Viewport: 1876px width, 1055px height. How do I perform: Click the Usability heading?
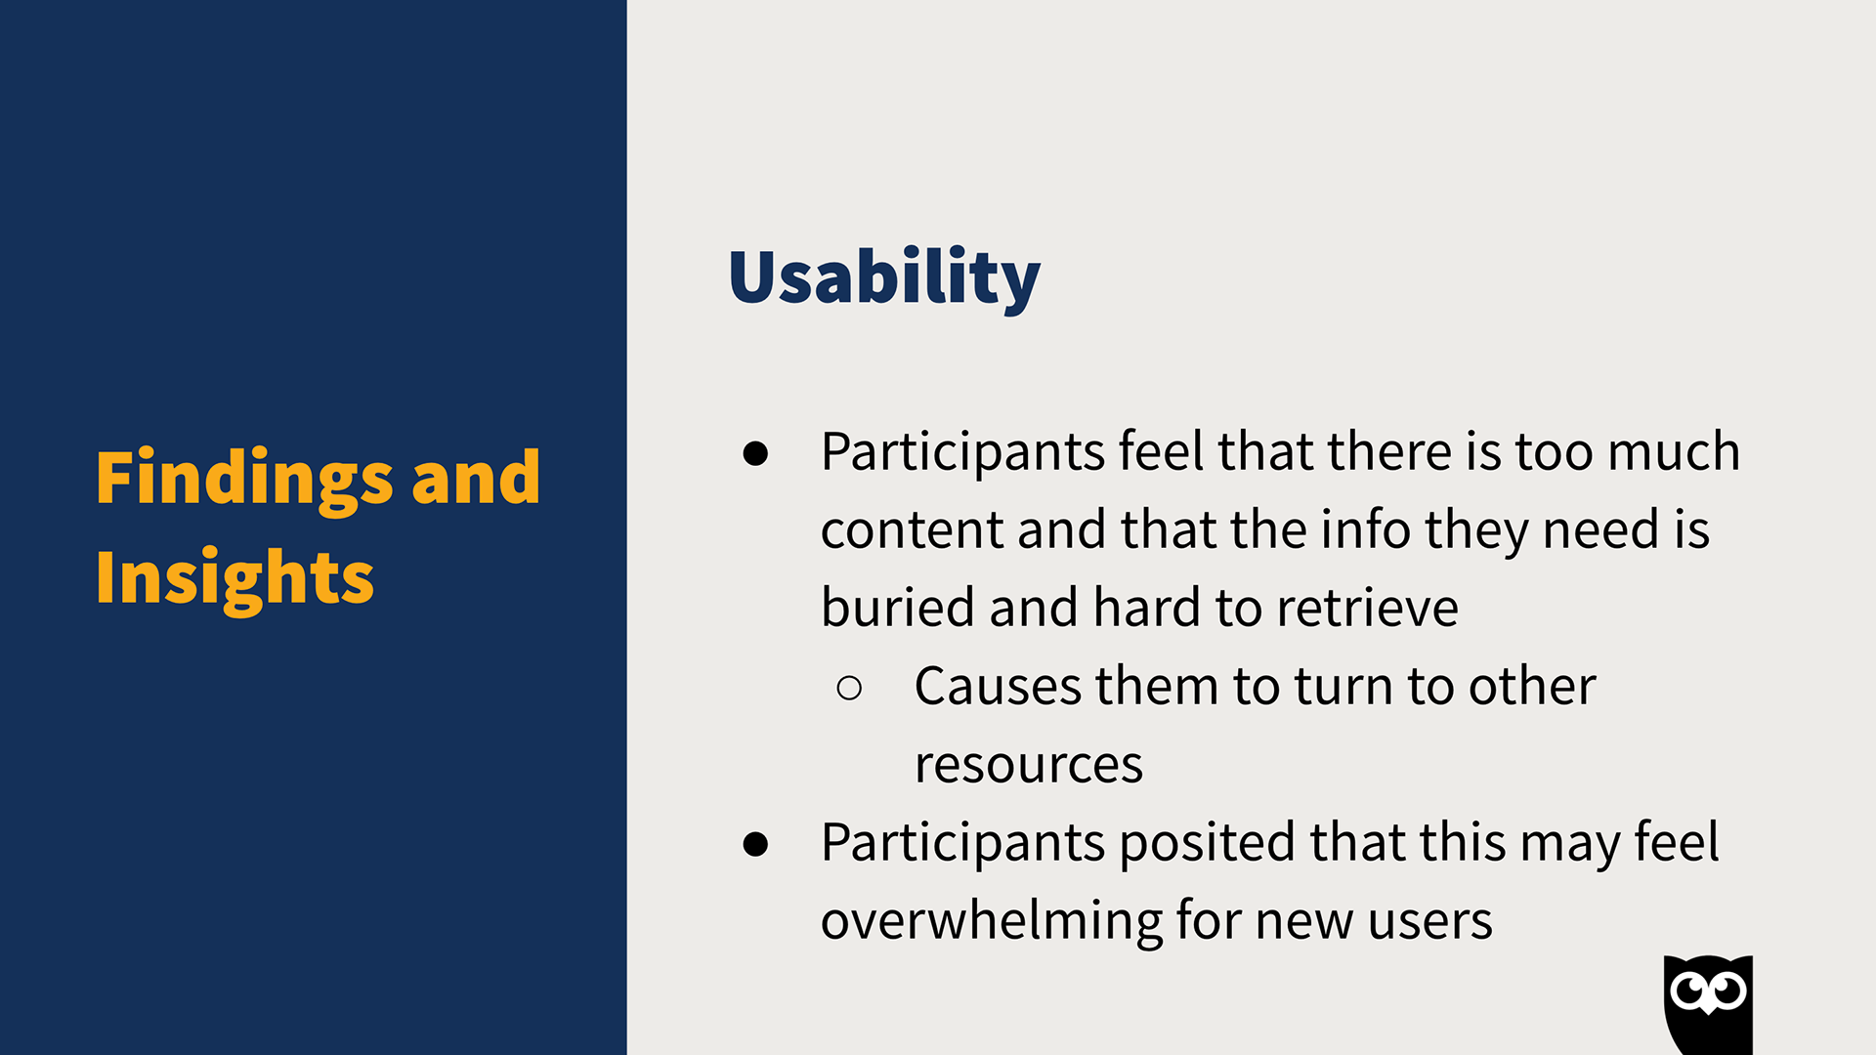click(x=884, y=278)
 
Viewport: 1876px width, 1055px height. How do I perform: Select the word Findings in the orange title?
click(x=244, y=479)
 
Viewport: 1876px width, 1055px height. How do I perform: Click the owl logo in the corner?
click(x=1708, y=1004)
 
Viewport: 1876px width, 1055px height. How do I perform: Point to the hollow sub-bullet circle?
click(x=849, y=688)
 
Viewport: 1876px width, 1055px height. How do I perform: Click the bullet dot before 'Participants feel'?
click(x=755, y=453)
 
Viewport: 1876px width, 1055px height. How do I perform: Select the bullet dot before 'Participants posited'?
click(x=755, y=844)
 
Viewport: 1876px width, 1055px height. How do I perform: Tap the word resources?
click(x=1029, y=766)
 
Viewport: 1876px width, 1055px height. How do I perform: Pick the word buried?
click(x=897, y=608)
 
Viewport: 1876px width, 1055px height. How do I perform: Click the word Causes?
click(x=998, y=687)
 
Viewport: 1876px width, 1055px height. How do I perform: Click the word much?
click(x=1674, y=452)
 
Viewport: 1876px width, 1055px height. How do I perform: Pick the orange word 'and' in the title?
click(x=476, y=479)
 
